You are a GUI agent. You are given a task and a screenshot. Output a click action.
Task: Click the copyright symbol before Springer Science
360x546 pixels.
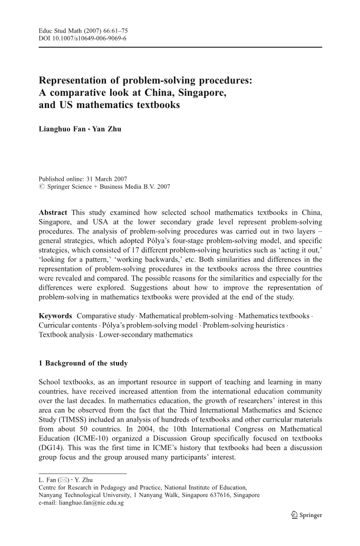[x=42, y=186]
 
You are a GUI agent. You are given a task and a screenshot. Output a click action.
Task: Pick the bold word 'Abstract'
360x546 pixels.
[x=53, y=212]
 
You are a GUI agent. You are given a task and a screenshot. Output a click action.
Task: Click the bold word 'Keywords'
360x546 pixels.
[x=55, y=316]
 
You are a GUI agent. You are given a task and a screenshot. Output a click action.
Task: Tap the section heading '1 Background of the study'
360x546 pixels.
[x=83, y=363]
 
